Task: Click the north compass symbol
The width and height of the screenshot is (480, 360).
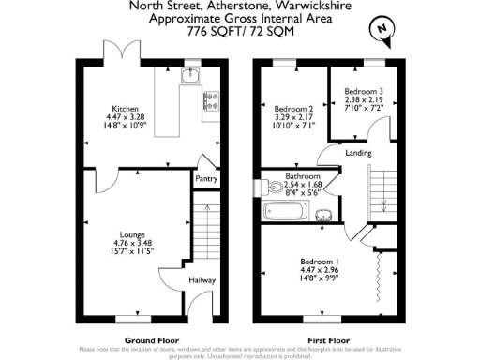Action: click(x=381, y=29)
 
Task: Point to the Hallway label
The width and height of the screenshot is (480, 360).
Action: click(x=202, y=279)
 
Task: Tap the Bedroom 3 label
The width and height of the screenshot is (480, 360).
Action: click(x=363, y=90)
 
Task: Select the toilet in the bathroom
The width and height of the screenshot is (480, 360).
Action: click(x=269, y=185)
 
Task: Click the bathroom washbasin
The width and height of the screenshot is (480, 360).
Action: click(x=323, y=214)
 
